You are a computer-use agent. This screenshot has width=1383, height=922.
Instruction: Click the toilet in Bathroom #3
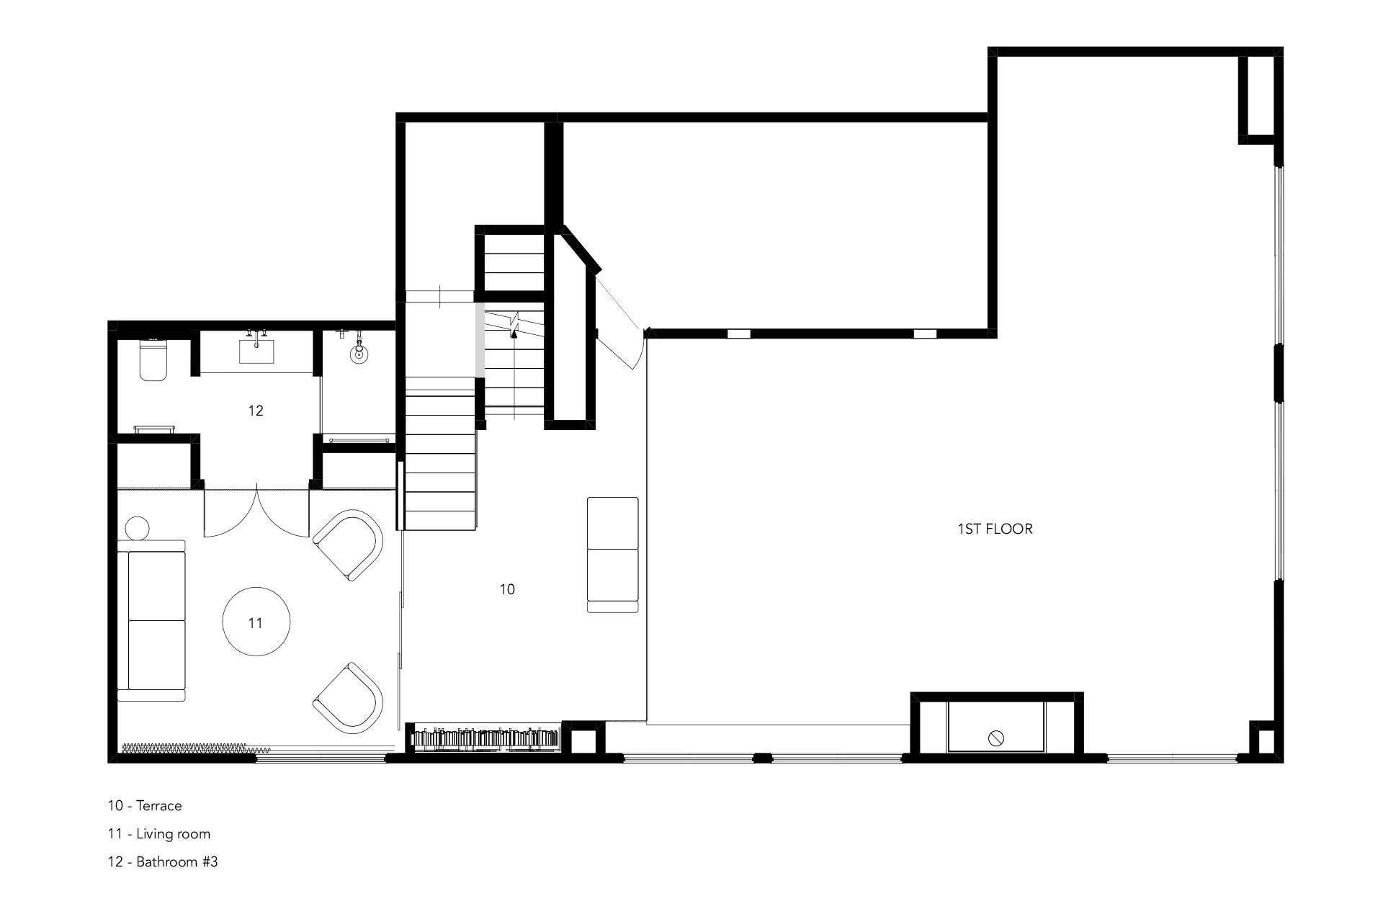tap(153, 361)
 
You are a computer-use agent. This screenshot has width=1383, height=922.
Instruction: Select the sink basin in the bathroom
tap(256, 352)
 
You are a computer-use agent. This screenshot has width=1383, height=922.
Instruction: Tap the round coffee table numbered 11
tap(256, 622)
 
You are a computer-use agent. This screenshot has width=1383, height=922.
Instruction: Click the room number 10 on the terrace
tap(507, 589)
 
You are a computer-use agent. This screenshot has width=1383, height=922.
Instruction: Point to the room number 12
tap(256, 411)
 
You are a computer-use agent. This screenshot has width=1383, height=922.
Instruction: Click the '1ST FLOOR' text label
tap(995, 529)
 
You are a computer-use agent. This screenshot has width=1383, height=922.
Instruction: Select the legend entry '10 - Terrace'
tap(145, 805)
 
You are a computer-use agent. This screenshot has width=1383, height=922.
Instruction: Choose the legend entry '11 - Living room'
tap(159, 833)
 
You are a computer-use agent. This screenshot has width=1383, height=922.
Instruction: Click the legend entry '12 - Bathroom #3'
tap(163, 861)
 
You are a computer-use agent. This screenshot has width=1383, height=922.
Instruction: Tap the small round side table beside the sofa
tap(138, 528)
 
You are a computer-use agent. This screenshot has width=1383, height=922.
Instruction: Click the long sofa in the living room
tap(153, 619)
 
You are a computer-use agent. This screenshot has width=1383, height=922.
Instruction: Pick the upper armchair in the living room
tap(349, 545)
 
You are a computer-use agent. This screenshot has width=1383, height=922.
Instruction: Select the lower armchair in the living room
tap(349, 697)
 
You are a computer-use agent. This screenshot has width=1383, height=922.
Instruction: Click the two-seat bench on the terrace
tap(612, 554)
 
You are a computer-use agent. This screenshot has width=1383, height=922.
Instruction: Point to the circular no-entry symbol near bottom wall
tap(997, 738)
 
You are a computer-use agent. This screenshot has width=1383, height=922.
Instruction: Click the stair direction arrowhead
tap(514, 331)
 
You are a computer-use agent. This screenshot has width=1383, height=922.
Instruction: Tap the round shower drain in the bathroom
tap(357, 353)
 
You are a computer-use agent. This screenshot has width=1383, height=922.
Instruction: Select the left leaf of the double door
tap(229, 513)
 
